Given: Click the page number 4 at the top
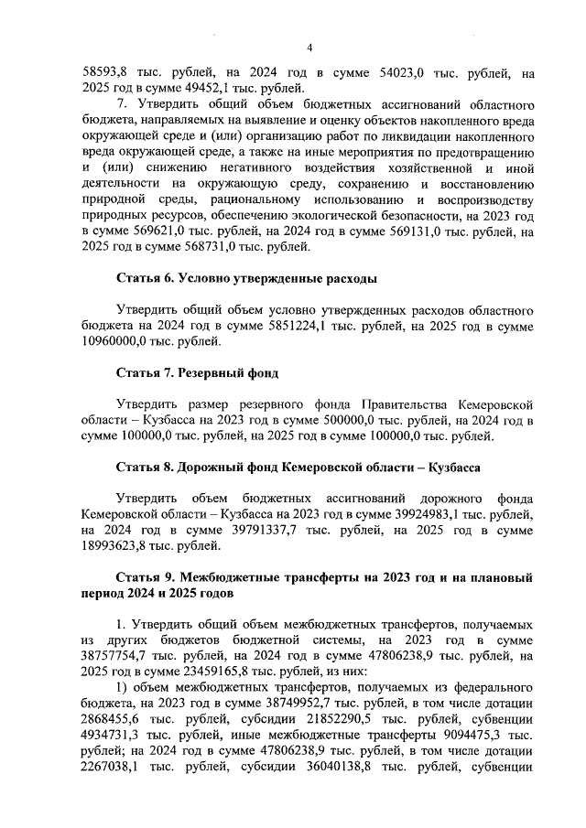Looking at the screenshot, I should click(309, 48).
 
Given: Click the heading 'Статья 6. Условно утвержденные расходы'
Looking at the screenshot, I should click(247, 277).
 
